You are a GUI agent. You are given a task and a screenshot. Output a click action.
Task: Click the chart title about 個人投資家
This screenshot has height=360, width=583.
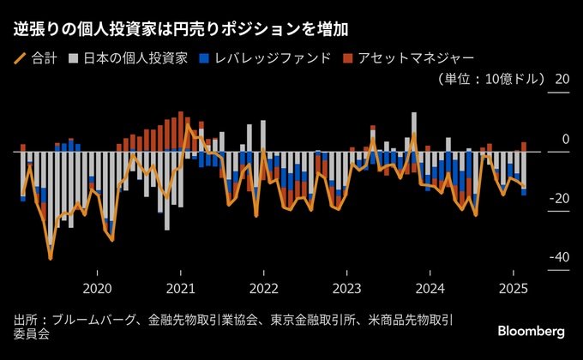(181, 29)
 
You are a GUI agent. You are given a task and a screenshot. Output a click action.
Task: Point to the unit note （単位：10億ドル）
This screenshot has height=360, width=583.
(490, 79)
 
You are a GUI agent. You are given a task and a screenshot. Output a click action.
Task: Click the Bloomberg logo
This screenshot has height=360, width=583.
(531, 330)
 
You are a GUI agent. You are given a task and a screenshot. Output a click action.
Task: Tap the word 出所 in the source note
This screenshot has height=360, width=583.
(25, 320)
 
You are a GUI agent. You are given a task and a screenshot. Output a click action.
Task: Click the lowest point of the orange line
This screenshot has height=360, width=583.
(51, 258)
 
